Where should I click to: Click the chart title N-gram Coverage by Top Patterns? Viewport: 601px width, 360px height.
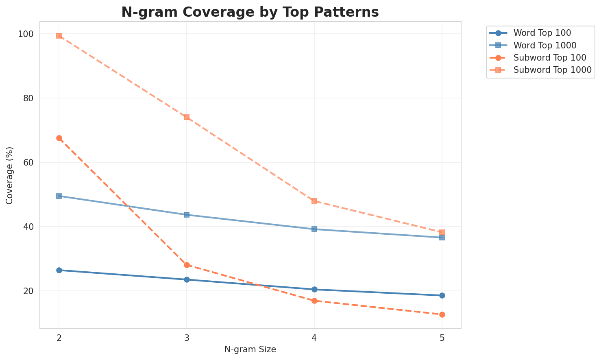[250, 12]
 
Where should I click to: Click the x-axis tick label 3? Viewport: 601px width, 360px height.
[187, 338]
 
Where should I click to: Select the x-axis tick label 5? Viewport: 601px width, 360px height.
[442, 338]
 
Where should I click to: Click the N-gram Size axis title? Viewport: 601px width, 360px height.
[250, 349]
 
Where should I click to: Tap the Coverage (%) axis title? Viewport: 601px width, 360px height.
[10, 175]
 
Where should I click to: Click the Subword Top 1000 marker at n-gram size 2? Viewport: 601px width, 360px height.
[59, 36]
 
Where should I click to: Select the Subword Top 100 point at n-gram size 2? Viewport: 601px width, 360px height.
[59, 138]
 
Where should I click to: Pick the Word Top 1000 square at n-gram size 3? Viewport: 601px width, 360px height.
[187, 215]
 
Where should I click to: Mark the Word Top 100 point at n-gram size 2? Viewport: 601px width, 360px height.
[59, 270]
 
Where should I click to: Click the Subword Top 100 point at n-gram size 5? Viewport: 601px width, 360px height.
[442, 314]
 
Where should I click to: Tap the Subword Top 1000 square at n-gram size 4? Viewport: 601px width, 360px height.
[314, 201]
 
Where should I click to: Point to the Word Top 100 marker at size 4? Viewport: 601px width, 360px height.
[314, 289]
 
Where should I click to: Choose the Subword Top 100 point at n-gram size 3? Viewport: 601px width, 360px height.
[187, 265]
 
